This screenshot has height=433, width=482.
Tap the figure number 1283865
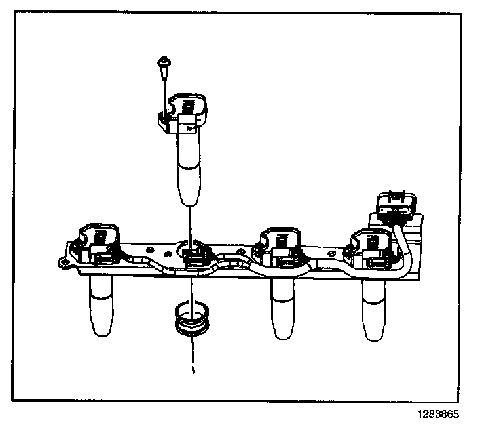tap(436, 415)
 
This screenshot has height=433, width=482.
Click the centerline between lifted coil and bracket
tap(189, 223)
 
